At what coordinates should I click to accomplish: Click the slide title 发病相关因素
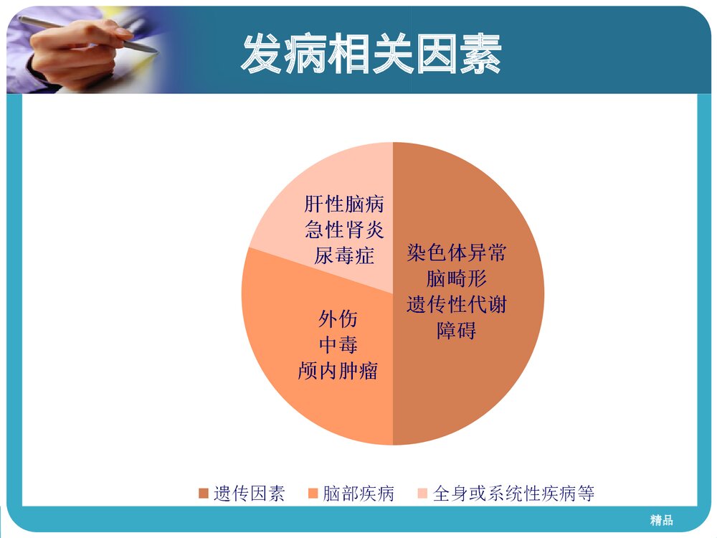pyautogui.click(x=371, y=54)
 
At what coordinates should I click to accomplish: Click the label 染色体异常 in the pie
pyautogui.click(x=456, y=253)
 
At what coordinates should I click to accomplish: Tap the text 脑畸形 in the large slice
pyautogui.click(x=456, y=279)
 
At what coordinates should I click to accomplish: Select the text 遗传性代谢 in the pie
pyautogui.click(x=456, y=305)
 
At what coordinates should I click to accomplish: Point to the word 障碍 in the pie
pyautogui.click(x=456, y=331)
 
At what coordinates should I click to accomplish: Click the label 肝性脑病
pyautogui.click(x=344, y=204)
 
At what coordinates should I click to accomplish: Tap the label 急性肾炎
pyautogui.click(x=344, y=230)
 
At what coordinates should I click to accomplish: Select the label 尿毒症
pyautogui.click(x=344, y=255)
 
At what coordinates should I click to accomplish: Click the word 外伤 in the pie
pyautogui.click(x=338, y=318)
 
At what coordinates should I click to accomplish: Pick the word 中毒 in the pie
pyautogui.click(x=338, y=344)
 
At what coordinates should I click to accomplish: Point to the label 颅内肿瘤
pyautogui.click(x=338, y=371)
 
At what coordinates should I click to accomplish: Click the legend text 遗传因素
pyautogui.click(x=249, y=494)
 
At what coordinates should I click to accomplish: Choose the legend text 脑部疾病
pyautogui.click(x=358, y=494)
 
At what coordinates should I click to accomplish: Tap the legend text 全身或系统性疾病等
pyautogui.click(x=513, y=494)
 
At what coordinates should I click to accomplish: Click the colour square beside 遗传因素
pyautogui.click(x=204, y=494)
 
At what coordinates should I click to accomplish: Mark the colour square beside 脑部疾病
pyautogui.click(x=313, y=494)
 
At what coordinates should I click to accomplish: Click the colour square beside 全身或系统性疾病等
pyautogui.click(x=422, y=494)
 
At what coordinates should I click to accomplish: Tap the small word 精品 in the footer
pyautogui.click(x=661, y=520)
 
